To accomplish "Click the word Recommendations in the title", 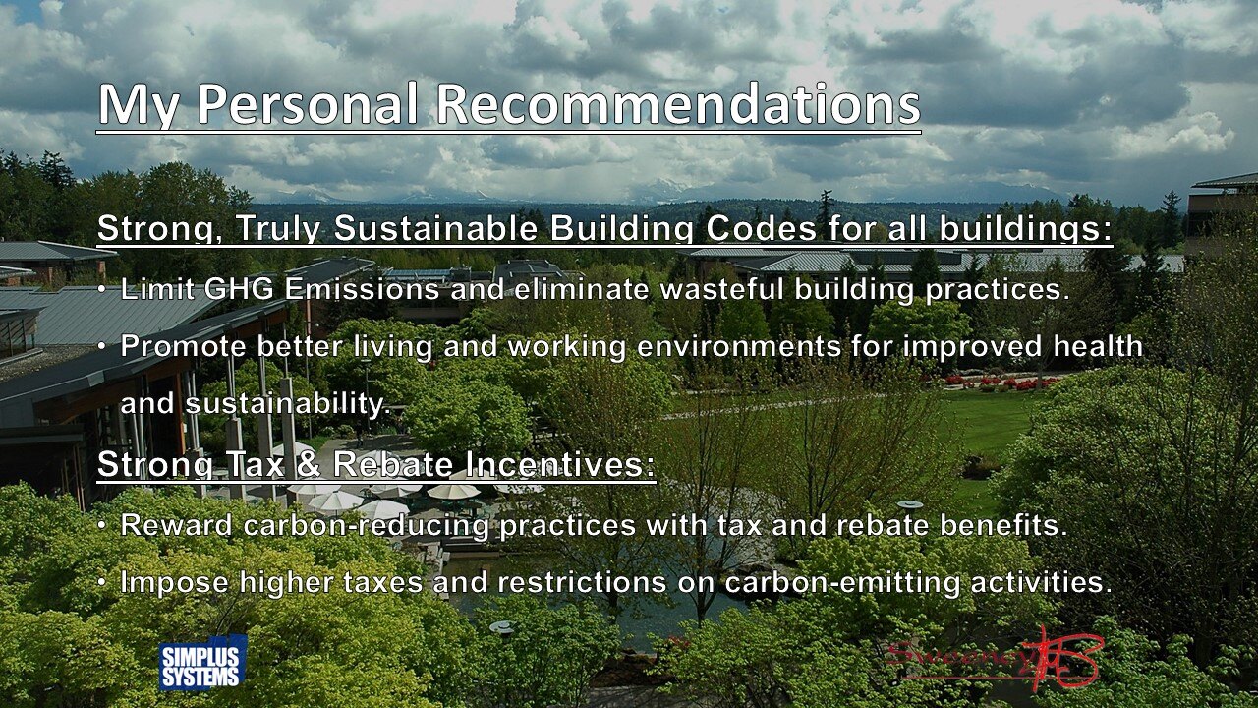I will pyautogui.click(x=678, y=104).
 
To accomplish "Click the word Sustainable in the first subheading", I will pyautogui.click(x=435, y=229).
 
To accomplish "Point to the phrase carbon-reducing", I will pyautogui.click(x=366, y=525).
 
